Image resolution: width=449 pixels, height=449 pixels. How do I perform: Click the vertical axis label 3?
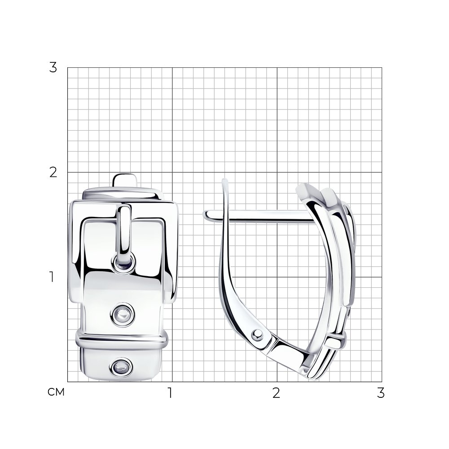[53, 68]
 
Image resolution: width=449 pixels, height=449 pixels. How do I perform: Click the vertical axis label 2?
[53, 172]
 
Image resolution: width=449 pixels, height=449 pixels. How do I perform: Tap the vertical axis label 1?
[52, 277]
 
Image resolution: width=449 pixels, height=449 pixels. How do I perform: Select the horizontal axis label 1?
[170, 393]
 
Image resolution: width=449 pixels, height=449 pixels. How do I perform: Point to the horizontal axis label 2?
[276, 393]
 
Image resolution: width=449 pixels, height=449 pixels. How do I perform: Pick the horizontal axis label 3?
[381, 393]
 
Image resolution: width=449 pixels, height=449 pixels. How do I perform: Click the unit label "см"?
[56, 392]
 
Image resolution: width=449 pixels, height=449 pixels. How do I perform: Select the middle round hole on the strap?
[122, 315]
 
